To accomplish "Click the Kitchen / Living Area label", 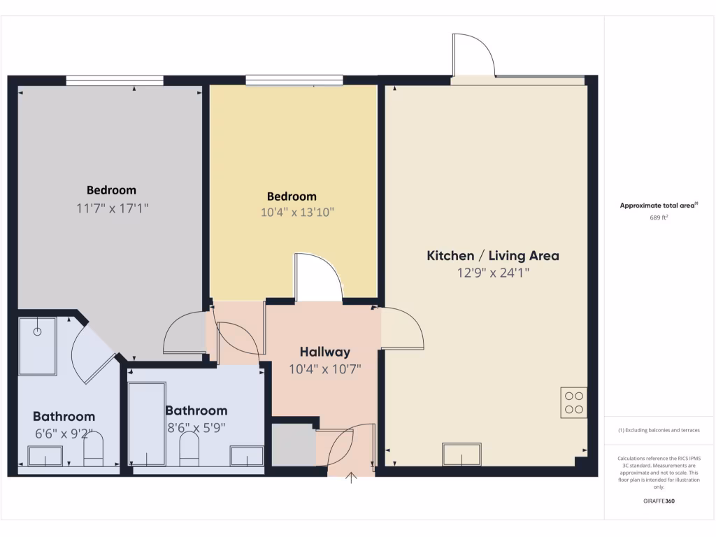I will point(493,256).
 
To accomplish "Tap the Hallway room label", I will point(324,352).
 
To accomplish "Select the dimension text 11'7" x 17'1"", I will point(113,208).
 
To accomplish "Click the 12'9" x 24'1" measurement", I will point(493,273).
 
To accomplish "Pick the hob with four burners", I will point(573,402).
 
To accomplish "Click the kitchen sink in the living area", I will point(461,454).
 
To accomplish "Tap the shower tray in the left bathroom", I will point(38,346).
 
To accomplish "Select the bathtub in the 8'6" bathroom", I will point(148,423).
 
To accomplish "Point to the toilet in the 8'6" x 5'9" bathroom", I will point(189,449).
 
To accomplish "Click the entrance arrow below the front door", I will point(352,478).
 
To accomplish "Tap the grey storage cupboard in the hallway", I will point(293,444).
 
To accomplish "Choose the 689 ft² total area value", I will point(659,217).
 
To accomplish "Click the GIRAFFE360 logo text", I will point(659,501).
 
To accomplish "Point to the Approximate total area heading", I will point(659,206).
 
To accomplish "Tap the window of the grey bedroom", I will point(115,80).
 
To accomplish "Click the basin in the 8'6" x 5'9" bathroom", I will point(247,457).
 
